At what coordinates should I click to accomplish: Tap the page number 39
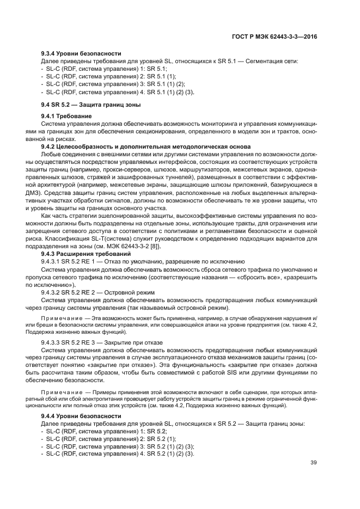pyautogui.click(x=314, y=463)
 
